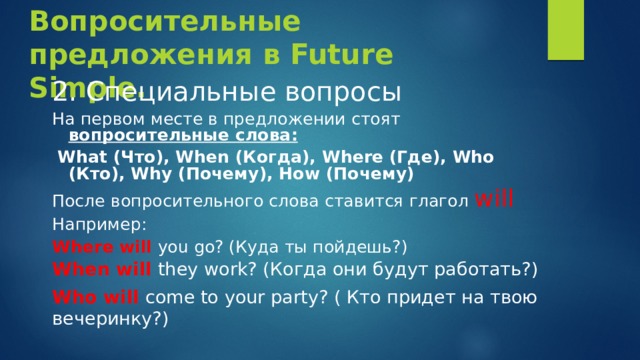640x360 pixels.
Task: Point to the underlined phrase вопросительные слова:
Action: [183, 135]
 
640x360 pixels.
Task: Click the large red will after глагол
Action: [494, 198]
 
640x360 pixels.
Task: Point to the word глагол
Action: [436, 201]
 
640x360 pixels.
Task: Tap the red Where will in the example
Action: [102, 246]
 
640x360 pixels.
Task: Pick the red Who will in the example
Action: [95, 298]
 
